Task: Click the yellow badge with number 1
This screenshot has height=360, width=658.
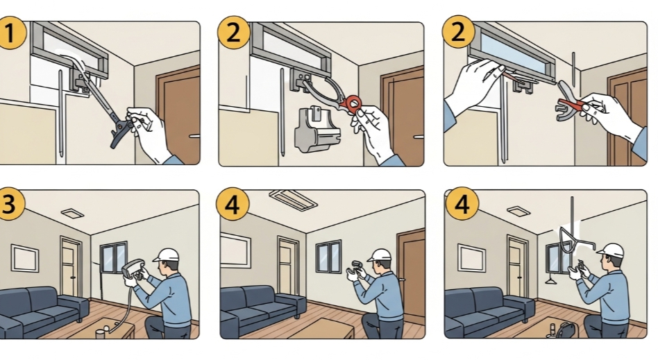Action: [10, 33]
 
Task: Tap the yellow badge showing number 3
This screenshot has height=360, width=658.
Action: [9, 204]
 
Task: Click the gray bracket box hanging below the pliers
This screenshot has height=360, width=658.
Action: [317, 128]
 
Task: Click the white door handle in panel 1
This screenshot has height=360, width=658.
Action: [194, 136]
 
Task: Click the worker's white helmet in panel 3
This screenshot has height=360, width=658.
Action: [167, 255]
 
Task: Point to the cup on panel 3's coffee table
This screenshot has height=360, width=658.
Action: [100, 333]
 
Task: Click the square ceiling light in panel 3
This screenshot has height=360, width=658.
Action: [73, 213]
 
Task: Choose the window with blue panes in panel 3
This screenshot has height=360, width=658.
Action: [113, 257]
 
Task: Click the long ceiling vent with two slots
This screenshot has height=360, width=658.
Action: [294, 200]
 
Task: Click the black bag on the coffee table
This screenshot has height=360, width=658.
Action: [566, 330]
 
